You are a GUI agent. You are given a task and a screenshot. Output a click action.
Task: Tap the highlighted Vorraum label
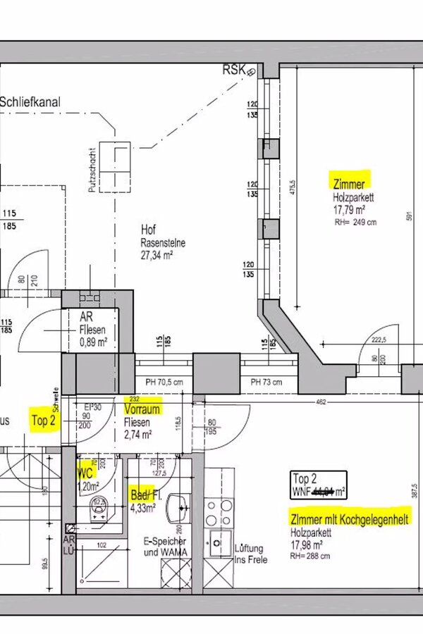pyautogui.click(x=142, y=409)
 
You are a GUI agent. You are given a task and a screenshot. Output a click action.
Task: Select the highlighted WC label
pyautogui.click(x=85, y=473)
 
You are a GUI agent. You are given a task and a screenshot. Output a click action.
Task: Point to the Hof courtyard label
pyautogui.click(x=147, y=230)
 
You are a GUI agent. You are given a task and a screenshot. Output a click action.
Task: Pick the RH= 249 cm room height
pyautogui.click(x=355, y=222)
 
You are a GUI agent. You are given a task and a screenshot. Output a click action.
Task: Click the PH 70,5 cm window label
pyautogui.click(x=164, y=382)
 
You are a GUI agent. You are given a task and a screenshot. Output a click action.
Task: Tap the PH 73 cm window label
pyautogui.click(x=266, y=382)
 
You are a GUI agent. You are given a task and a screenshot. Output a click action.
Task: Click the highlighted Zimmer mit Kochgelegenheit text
pyautogui.click(x=350, y=519)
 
